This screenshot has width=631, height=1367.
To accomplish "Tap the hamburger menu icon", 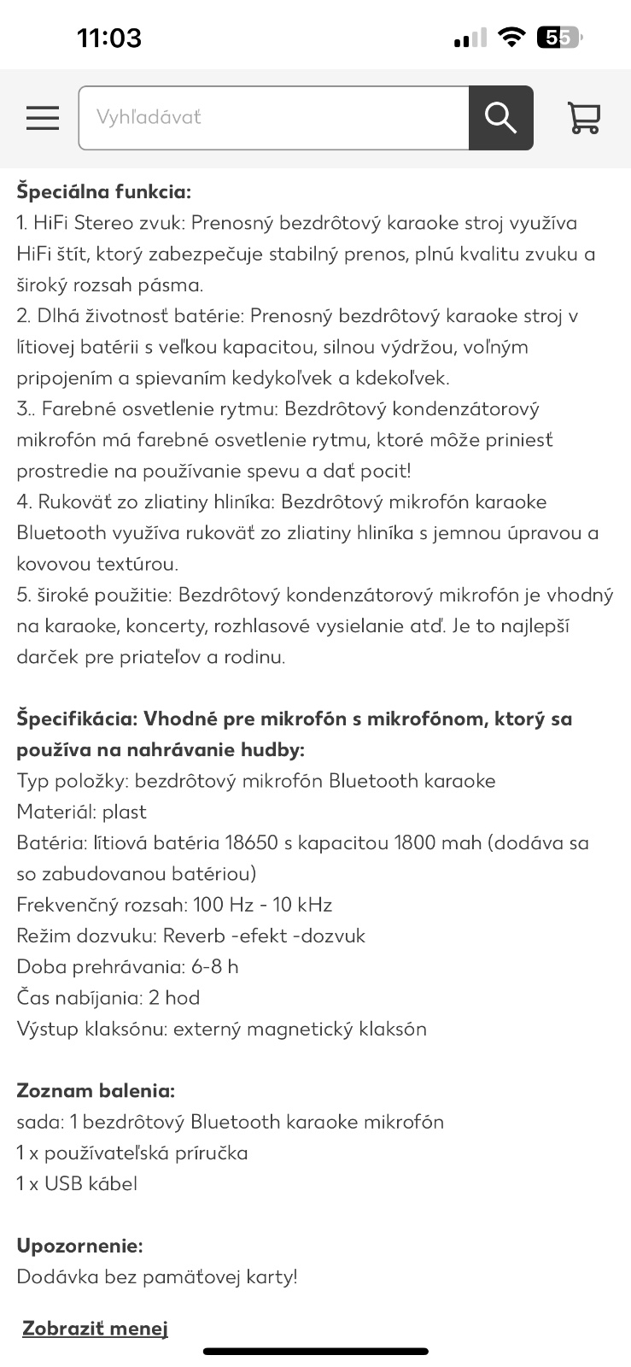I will click(x=43, y=118).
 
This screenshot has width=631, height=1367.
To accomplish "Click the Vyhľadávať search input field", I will click(x=273, y=118).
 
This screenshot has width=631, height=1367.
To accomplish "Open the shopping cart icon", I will click(x=584, y=118).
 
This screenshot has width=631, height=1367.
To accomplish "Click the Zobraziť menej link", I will click(x=95, y=1328).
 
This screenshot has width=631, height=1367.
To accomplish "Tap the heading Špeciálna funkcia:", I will click(x=103, y=191).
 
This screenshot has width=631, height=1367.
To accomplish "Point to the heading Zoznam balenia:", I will click(x=96, y=1090).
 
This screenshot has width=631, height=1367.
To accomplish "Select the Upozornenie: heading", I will click(x=79, y=1245).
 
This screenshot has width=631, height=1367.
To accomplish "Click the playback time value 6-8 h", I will click(x=214, y=966).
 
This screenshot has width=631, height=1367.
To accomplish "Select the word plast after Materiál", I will click(x=125, y=812).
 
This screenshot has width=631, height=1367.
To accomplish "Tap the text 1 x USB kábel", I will click(x=77, y=1183).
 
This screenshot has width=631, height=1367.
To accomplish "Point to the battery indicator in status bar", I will click(x=558, y=38).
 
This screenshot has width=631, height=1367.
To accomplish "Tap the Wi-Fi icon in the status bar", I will click(x=511, y=38).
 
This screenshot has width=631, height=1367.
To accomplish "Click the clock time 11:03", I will click(x=109, y=38).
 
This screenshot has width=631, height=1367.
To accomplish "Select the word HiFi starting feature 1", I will click(x=52, y=223).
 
